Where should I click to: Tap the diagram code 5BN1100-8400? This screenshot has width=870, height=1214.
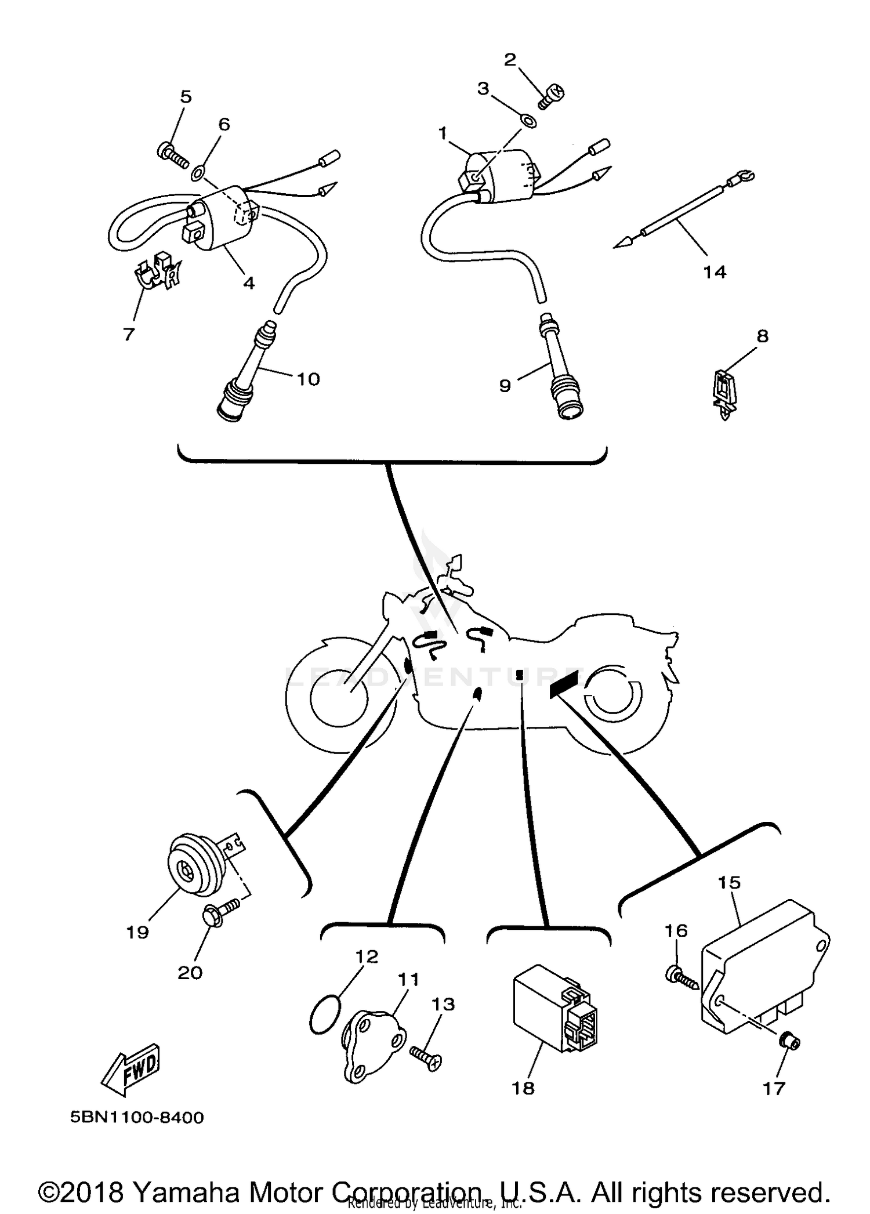[137, 1117]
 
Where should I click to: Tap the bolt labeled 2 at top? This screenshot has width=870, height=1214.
[552, 95]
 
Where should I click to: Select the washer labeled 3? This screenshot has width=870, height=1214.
[528, 121]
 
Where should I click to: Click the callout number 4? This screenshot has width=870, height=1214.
[249, 282]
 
